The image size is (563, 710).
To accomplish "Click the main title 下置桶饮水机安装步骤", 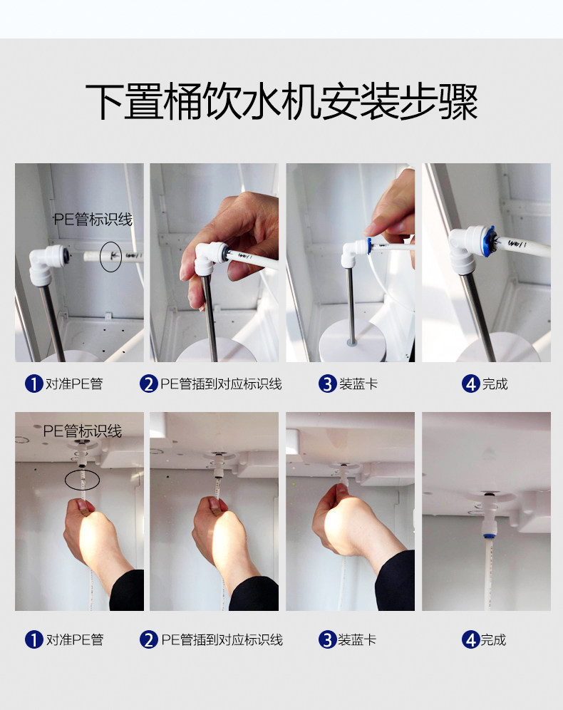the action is tap(281, 101).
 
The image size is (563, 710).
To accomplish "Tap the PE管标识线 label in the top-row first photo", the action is tap(93, 220).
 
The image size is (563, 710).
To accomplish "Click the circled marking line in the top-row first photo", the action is tap(111, 257).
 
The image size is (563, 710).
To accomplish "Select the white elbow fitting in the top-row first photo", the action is tap(46, 264).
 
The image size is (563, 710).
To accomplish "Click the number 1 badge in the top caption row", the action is tap(33, 384).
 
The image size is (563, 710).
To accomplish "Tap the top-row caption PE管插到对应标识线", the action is tap(222, 384).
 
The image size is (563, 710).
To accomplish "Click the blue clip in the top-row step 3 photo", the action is tap(370, 247).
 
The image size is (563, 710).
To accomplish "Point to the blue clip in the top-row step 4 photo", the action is tap(489, 242).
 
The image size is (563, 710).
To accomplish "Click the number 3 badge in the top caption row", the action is tap(327, 384).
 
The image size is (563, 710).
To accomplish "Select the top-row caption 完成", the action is tap(495, 384).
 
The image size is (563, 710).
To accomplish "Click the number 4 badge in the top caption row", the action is tap(470, 384).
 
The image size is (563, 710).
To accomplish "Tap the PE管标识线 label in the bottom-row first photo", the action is tap(83, 431).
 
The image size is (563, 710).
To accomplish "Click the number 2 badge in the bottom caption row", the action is tap(148, 640).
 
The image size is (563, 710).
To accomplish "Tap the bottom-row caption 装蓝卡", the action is tap(357, 640).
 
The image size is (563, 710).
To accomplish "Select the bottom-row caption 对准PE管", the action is tap(75, 640).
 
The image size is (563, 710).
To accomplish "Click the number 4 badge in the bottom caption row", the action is tap(470, 640).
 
